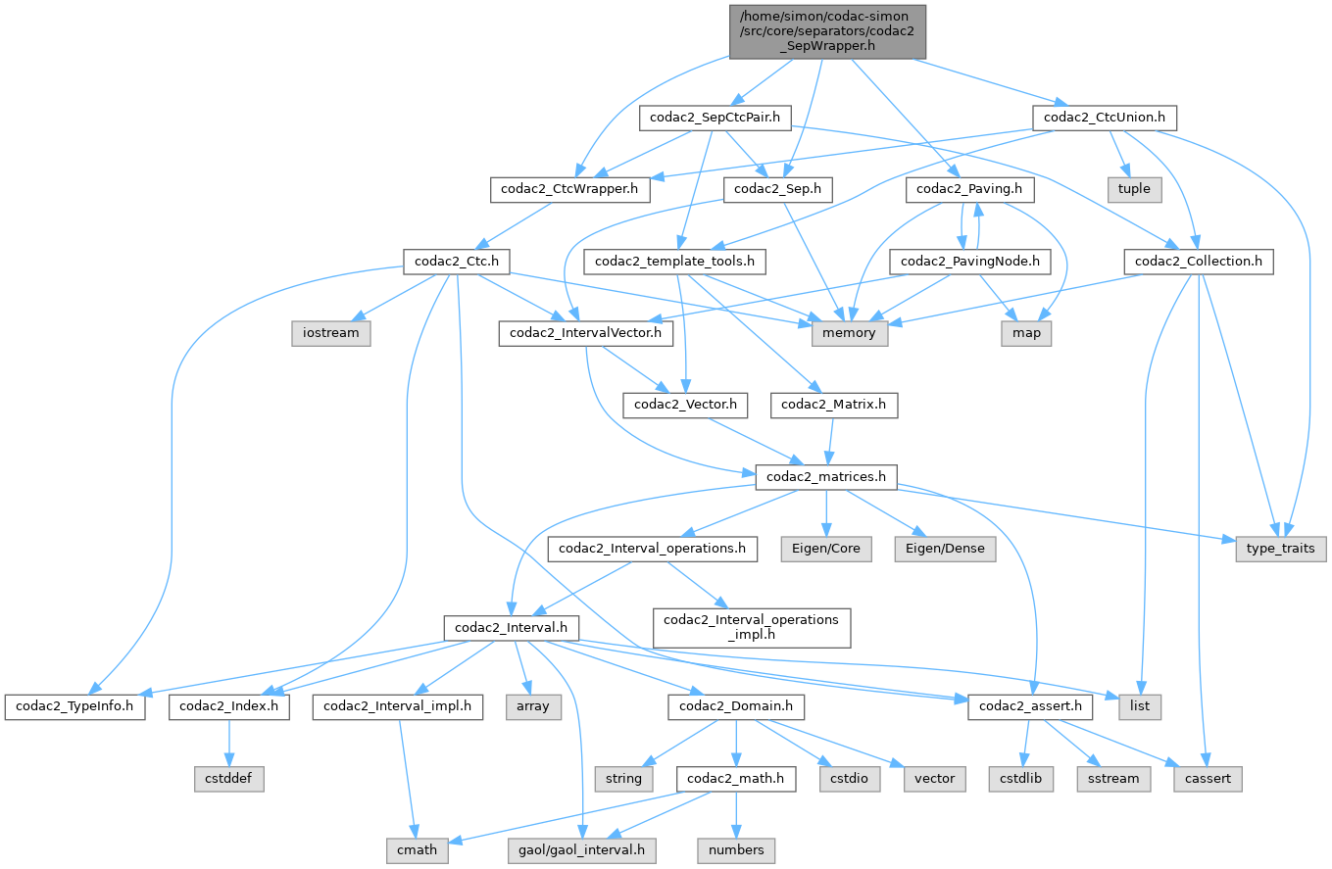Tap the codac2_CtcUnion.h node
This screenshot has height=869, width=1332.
point(1104,119)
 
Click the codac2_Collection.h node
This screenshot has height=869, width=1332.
point(1199,262)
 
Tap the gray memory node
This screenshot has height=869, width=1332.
point(850,334)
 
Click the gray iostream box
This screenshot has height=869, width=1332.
point(330,334)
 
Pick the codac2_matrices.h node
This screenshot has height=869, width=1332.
point(826,477)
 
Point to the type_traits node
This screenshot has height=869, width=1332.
point(1281,549)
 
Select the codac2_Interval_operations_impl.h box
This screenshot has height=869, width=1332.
point(752,627)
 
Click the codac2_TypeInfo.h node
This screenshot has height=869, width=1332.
point(74,706)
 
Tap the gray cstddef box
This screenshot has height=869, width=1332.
point(229,779)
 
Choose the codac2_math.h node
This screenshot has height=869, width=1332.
point(736,779)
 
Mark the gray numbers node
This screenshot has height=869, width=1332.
point(736,850)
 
